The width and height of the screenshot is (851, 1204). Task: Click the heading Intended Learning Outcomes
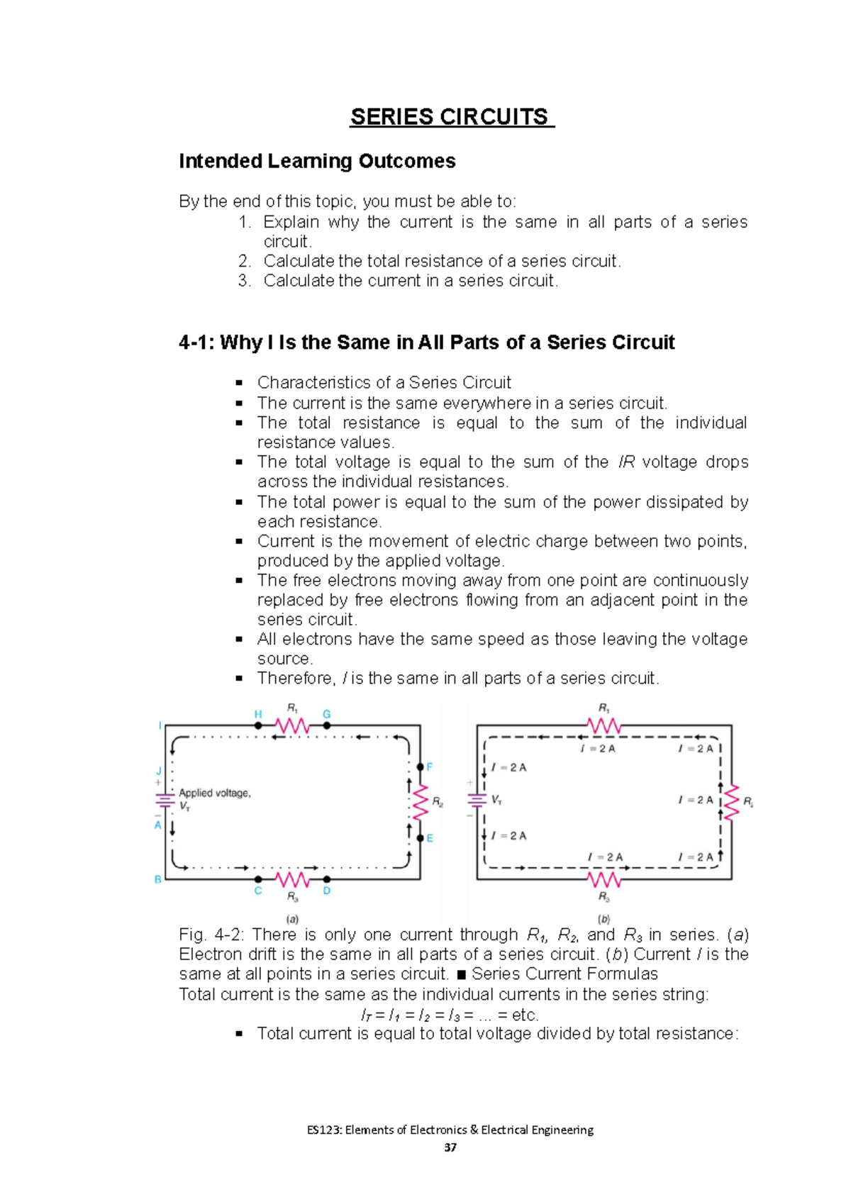[x=317, y=162]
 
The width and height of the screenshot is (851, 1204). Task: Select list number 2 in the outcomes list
[x=245, y=261]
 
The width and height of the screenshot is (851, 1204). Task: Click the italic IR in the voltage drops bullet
[x=627, y=462]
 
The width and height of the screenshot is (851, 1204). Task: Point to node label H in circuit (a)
[x=258, y=714]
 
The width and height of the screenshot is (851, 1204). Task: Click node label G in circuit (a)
[x=327, y=714]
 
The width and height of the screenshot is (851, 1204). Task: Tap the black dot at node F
[x=420, y=767]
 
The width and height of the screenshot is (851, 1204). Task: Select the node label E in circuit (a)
[x=430, y=838]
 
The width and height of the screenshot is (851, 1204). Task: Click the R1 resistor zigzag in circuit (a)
[x=292, y=725]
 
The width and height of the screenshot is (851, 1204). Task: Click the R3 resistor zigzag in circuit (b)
[x=604, y=880]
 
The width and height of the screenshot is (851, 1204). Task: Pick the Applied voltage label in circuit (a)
[x=214, y=793]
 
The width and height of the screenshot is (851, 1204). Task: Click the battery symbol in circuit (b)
[x=476, y=800]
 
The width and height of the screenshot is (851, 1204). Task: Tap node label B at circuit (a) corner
[x=158, y=879]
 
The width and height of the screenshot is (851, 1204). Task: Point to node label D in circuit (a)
[x=327, y=891]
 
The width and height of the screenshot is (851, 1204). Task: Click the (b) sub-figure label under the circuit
[x=604, y=919]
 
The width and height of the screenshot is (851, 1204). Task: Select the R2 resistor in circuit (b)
[x=730, y=803]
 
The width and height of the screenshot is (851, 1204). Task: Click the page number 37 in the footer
[x=450, y=1147]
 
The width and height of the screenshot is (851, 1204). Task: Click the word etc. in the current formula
[x=525, y=1015]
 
